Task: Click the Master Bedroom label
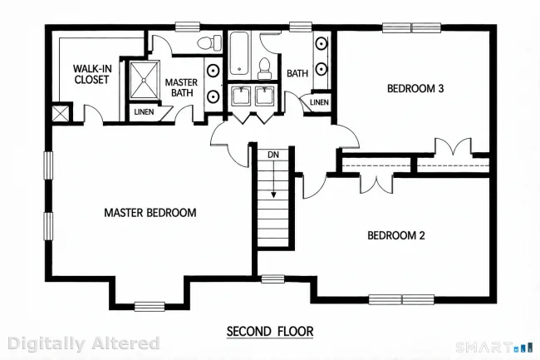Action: tap(150, 213)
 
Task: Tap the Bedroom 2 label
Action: tap(396, 235)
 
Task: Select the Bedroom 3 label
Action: tap(415, 88)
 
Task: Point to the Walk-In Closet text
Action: tap(92, 74)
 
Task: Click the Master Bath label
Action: tap(181, 87)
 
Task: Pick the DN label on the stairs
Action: tap(273, 155)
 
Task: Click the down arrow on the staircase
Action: tap(273, 179)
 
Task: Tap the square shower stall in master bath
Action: tap(145, 81)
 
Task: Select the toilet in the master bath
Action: tap(209, 42)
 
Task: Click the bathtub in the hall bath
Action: tap(239, 55)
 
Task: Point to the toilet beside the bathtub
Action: tap(264, 68)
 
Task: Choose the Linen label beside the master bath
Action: tap(144, 112)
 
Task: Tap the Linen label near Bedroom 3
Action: tap(319, 102)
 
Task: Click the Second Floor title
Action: tap(270, 332)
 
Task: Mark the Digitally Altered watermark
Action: tap(84, 343)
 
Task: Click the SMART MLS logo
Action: tap(494, 347)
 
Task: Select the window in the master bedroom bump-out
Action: tap(150, 306)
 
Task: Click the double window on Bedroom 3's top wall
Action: tap(411, 27)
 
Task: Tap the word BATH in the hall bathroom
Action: tap(297, 73)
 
